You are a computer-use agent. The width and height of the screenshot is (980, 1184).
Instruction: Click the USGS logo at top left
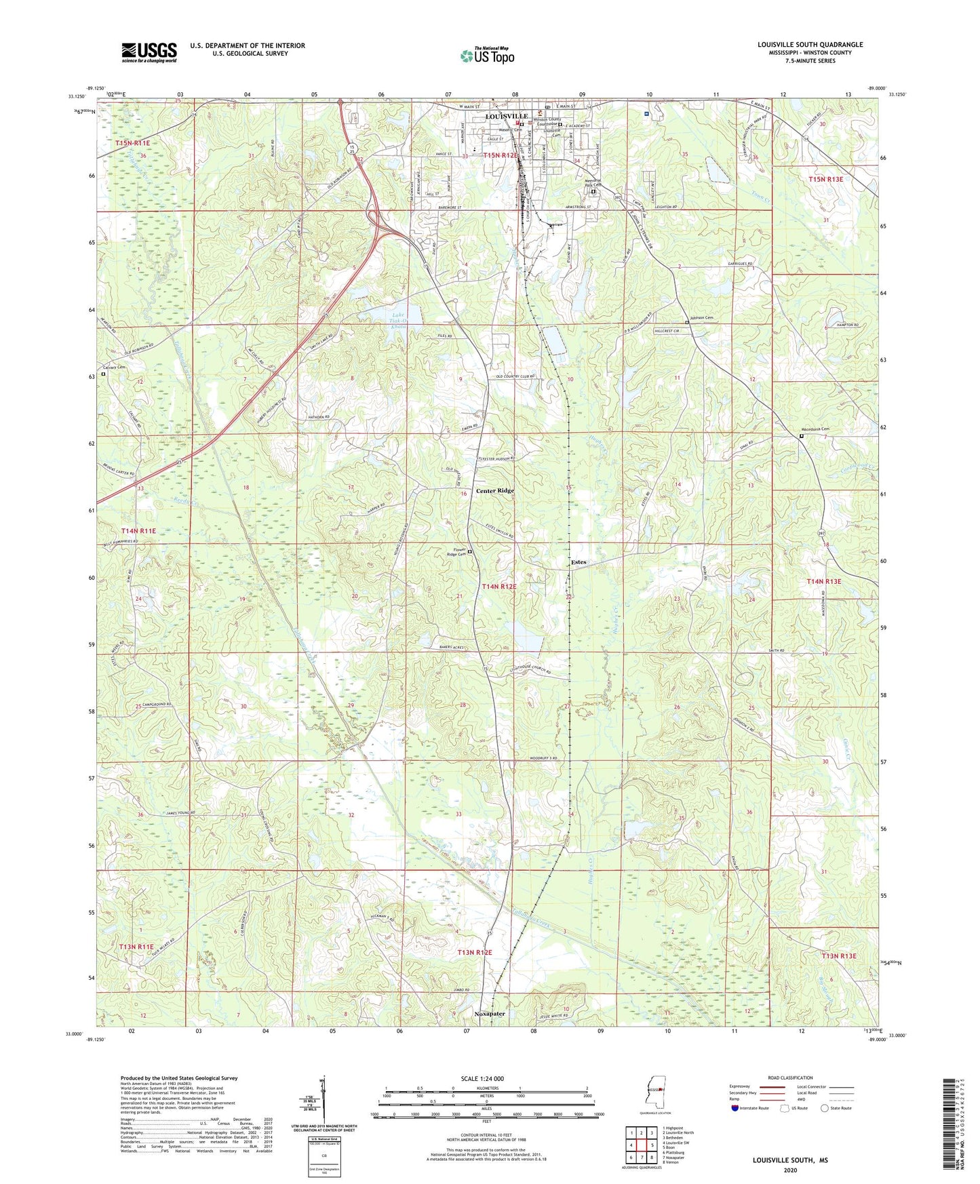pos(149,52)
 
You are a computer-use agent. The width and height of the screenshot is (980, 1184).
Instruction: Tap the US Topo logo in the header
pos(487,56)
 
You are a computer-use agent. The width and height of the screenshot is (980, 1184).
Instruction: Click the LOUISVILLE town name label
pos(507,117)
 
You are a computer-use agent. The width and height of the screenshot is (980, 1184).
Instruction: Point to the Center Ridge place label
pos(494,490)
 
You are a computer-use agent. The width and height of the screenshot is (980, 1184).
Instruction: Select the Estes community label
pos(579,562)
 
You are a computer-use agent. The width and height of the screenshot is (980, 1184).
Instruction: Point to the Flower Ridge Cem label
pos(455,553)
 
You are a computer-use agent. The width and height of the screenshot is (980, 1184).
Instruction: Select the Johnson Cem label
pos(702,317)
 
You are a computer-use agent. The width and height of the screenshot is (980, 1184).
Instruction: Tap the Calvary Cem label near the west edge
pos(115,368)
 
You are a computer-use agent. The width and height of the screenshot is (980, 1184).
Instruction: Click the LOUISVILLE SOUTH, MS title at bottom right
pos(790,1160)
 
